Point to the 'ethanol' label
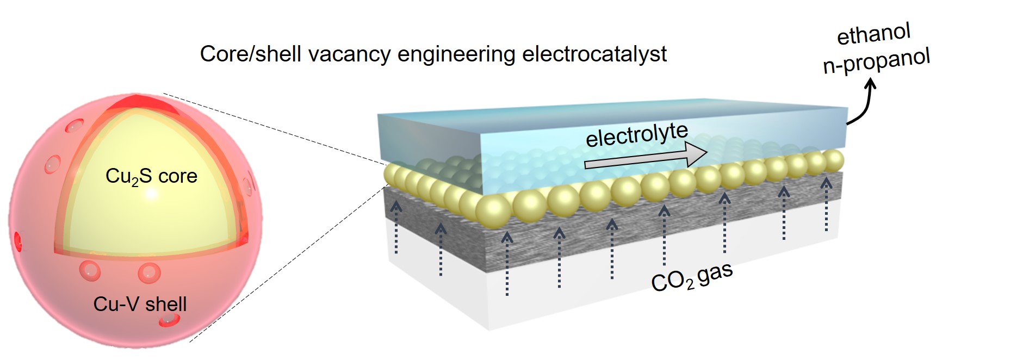(873, 35)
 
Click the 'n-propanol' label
(876, 61)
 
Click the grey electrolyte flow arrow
(644, 157)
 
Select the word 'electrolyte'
(636, 135)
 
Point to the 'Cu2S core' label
(151, 176)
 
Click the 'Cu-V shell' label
(140, 304)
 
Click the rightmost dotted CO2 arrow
(826, 204)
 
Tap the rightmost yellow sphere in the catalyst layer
(833, 160)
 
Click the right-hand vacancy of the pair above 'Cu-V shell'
(148, 272)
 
